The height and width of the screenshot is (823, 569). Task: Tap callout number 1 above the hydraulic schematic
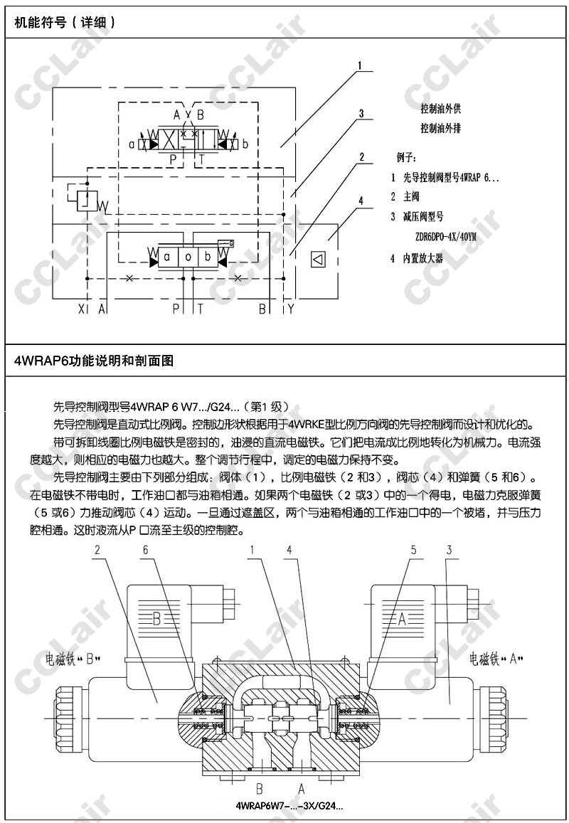361,66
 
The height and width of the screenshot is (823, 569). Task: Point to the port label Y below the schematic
290,308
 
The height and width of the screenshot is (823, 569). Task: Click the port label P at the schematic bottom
176,308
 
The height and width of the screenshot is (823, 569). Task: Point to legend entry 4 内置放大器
417,258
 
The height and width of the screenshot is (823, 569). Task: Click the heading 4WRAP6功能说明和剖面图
94,361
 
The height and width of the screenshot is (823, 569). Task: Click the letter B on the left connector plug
157,618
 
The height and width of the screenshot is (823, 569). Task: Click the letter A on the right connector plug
401,619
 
